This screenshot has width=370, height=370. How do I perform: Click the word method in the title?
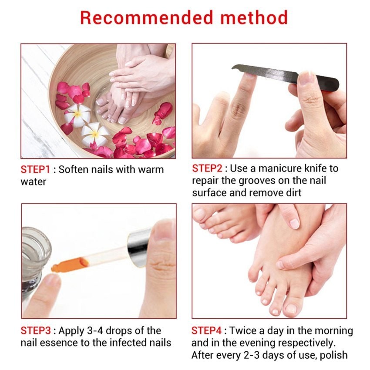254,18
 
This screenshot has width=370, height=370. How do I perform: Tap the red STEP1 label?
35,169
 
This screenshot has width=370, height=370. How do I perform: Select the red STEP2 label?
207,168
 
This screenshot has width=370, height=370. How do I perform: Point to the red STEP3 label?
36,330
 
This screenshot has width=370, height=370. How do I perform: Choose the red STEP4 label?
206,330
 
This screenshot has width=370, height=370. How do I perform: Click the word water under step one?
33,182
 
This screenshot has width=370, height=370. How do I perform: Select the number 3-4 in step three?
95,330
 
